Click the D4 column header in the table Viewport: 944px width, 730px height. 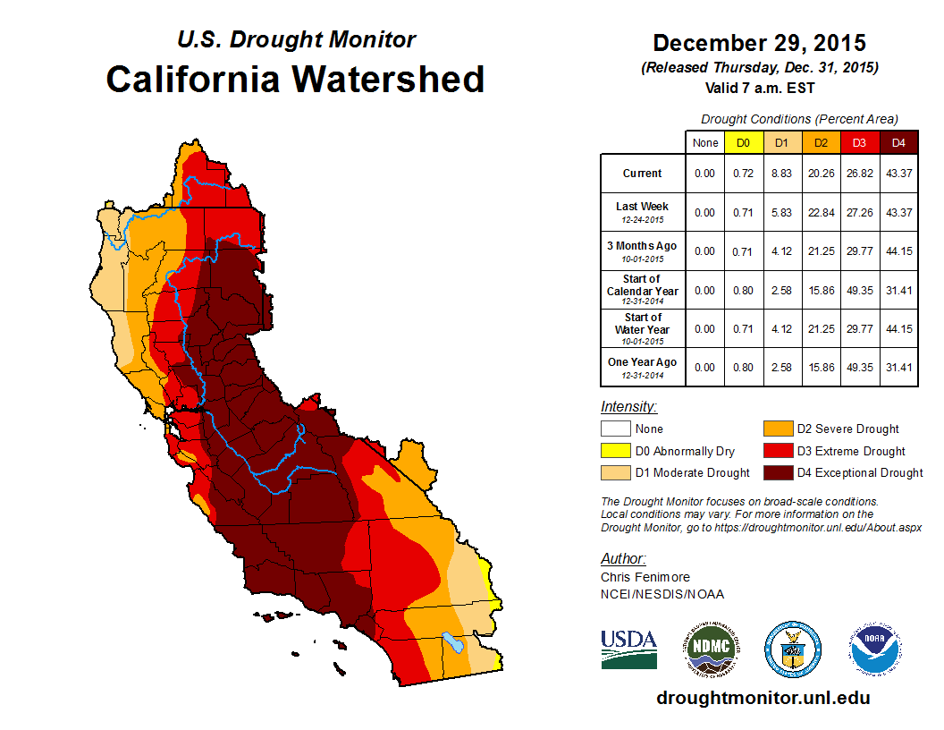898,143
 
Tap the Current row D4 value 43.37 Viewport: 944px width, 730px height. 898,174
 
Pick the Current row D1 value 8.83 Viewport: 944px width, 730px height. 782,174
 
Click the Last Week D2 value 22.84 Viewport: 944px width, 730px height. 821,212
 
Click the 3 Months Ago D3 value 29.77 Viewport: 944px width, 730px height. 860,251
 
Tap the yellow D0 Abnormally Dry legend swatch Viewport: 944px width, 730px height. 615,451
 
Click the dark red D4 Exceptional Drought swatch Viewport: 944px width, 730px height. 777,472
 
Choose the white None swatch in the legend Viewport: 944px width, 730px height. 615,429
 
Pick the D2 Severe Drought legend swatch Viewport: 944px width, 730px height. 777,429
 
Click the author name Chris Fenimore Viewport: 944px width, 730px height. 645,577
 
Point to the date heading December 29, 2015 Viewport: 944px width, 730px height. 759,43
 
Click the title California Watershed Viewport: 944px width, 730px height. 295,79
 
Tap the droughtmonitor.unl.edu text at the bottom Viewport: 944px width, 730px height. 763,698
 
